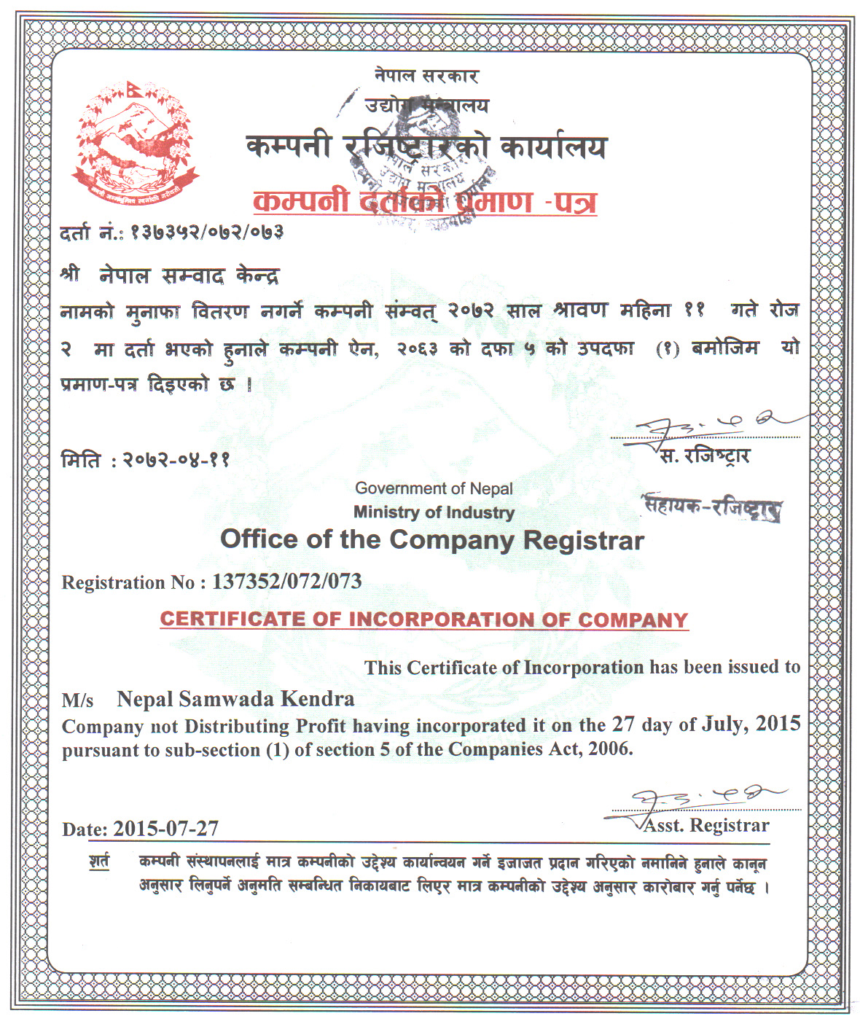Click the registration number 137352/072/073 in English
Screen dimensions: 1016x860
pyautogui.click(x=286, y=582)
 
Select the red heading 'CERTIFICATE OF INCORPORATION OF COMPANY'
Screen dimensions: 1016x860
pyautogui.click(x=423, y=620)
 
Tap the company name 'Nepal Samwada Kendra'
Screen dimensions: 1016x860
pyautogui.click(x=235, y=699)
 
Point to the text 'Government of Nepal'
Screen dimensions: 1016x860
pyautogui.click(x=434, y=488)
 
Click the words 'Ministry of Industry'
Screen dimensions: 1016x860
pyautogui.click(x=434, y=512)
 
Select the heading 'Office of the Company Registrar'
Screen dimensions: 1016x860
pyautogui.click(x=432, y=540)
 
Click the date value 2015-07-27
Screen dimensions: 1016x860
pyautogui.click(x=166, y=829)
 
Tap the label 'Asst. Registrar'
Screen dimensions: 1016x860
pyautogui.click(x=706, y=825)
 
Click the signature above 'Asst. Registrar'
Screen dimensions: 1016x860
pyautogui.click(x=700, y=800)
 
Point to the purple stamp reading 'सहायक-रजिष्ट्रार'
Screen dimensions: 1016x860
pyautogui.click(x=712, y=507)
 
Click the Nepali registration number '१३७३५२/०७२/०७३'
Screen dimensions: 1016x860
pyautogui.click(x=206, y=232)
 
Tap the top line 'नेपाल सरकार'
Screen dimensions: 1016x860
pyautogui.click(x=426, y=76)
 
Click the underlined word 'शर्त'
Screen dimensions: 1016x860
pyautogui.click(x=100, y=861)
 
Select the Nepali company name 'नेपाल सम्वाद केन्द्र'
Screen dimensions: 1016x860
pyautogui.click(x=189, y=276)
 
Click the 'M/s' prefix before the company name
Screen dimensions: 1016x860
pyautogui.click(x=78, y=700)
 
